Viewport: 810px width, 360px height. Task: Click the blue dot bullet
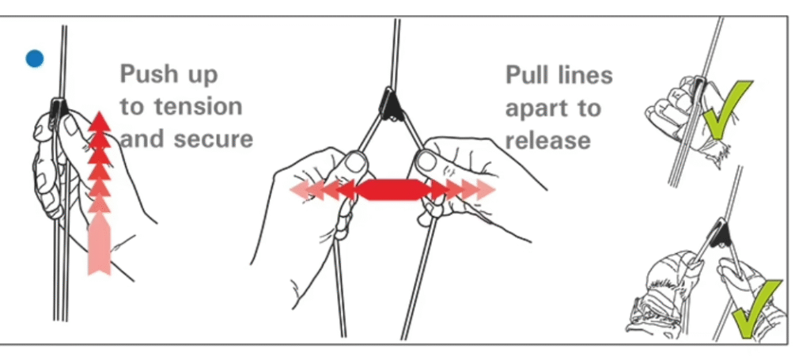coord(35,59)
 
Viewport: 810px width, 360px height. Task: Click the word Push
coord(149,74)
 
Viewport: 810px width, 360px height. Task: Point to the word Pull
coord(528,75)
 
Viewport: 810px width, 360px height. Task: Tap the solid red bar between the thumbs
coord(392,190)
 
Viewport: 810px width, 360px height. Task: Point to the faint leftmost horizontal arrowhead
coord(302,190)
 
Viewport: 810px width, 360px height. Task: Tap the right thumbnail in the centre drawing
coord(426,161)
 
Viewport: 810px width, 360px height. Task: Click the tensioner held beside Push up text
coord(59,110)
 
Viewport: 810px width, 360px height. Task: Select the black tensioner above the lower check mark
coord(720,232)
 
